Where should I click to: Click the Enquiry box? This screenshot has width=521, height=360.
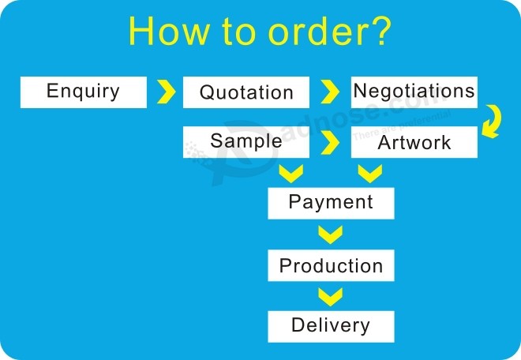point(84,92)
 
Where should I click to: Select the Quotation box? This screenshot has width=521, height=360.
point(246,92)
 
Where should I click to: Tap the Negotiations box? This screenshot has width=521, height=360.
point(414,92)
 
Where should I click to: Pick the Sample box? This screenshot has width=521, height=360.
point(246,142)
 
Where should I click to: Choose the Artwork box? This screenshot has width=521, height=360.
point(414,142)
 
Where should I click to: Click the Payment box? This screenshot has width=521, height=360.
point(332,203)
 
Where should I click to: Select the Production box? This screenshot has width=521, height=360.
point(332,265)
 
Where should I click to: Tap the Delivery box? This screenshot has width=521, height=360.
point(332,326)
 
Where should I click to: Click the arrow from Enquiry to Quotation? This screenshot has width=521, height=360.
point(166,92)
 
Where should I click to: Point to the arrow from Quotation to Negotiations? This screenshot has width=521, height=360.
point(330,92)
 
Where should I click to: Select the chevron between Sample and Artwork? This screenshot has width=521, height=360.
point(330,143)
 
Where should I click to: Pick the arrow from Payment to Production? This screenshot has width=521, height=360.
point(330,235)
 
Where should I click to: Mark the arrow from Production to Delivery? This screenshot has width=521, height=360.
point(330,298)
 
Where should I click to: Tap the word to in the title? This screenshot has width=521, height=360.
point(239,32)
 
